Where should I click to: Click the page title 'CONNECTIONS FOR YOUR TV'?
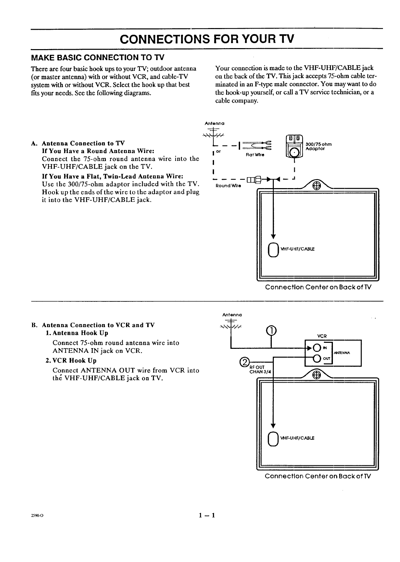pyautogui.click(x=207, y=39)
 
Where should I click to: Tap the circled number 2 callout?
pyautogui.click(x=245, y=362)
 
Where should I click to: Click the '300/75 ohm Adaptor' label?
pyautogui.click(x=318, y=146)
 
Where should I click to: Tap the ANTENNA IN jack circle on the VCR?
pyautogui.click(x=316, y=348)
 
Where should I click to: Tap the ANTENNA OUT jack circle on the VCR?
pyautogui.click(x=316, y=359)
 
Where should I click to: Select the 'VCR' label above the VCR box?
pyautogui.click(x=322, y=336)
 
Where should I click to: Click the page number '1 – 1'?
pyautogui.click(x=207, y=515)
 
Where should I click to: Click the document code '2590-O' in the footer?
pyautogui.click(x=37, y=516)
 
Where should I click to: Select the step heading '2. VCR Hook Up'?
pyautogui.click(x=71, y=361)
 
